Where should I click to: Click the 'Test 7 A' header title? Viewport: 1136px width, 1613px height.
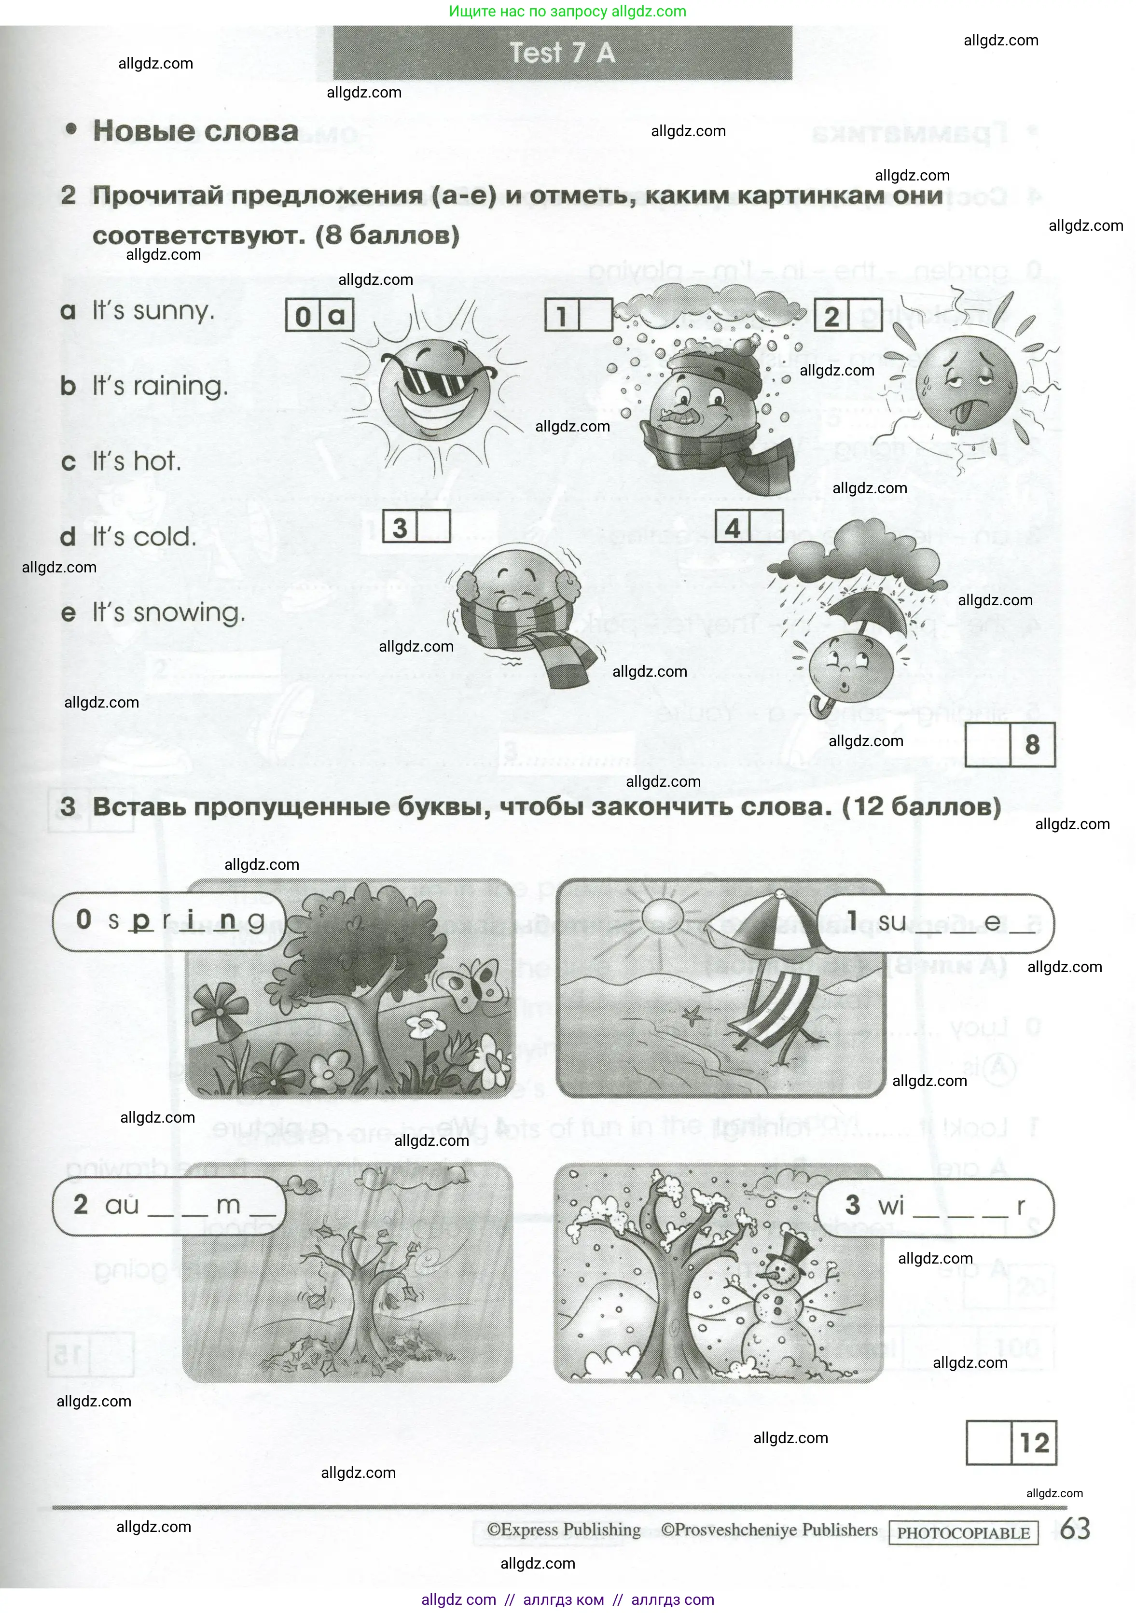(x=562, y=53)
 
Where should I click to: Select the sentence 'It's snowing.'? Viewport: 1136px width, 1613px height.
(x=168, y=612)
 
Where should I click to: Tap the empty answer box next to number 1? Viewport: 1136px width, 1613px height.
(x=596, y=316)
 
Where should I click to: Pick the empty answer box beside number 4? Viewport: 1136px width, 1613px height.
(x=766, y=526)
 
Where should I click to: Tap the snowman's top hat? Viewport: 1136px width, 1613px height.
(x=794, y=1248)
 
